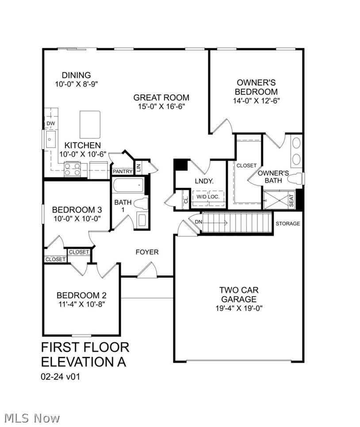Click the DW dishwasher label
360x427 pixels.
(50, 123)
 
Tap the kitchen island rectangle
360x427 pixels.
(90, 124)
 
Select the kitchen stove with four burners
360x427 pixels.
(73, 169)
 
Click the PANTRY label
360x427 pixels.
(123, 172)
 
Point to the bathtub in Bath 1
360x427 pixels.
(128, 186)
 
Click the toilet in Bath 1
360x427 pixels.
(141, 204)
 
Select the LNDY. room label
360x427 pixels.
(204, 181)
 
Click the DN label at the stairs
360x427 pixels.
(199, 222)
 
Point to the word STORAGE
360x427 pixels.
(288, 223)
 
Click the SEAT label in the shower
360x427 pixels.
(291, 200)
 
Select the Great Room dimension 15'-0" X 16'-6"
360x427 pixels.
(161, 106)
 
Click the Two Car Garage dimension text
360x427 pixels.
(239, 308)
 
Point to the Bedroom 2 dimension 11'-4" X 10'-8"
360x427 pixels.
(81, 304)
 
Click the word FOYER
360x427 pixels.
(147, 252)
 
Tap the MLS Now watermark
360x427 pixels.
(32, 418)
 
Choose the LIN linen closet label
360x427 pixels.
(138, 167)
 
